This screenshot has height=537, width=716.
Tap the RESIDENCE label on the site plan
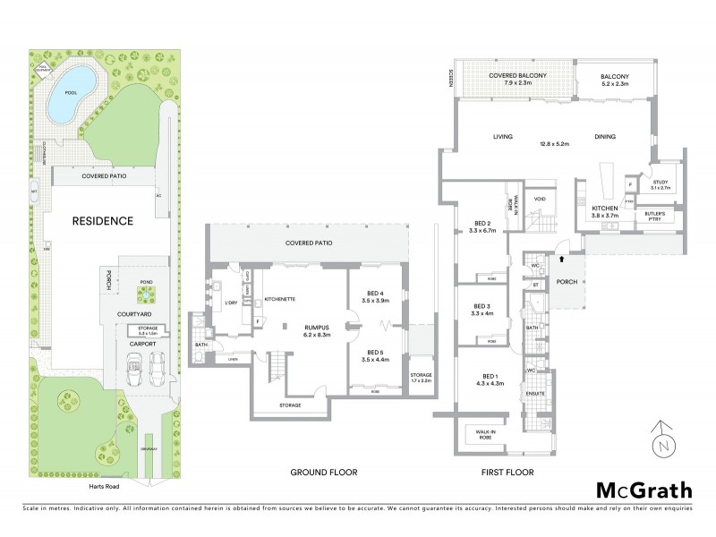(x=103, y=220)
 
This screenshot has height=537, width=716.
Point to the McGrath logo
(x=644, y=490)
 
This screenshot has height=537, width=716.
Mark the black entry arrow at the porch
(x=562, y=260)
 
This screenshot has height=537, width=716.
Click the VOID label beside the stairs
(x=540, y=199)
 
